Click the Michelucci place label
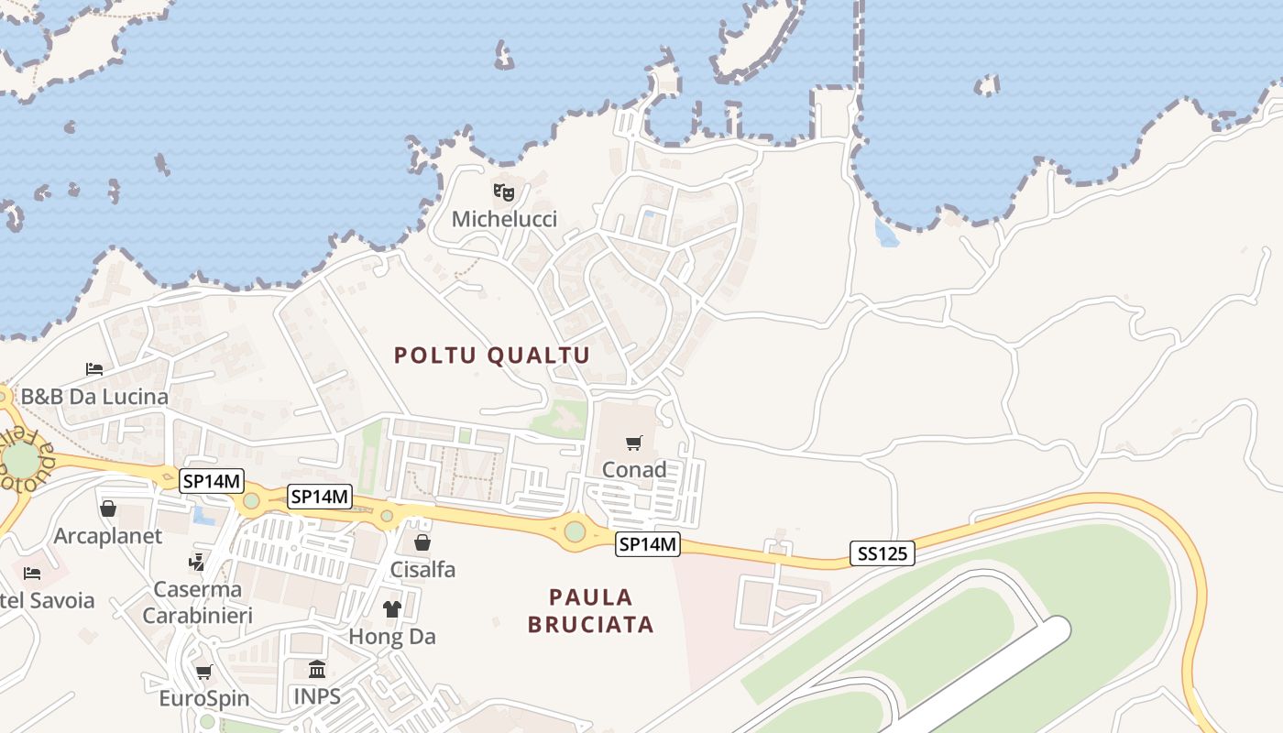pyautogui.click(x=504, y=219)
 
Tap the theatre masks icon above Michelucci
pyautogui.click(x=504, y=192)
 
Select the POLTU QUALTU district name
pyautogui.click(x=492, y=356)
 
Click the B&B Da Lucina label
pyautogui.click(x=94, y=397)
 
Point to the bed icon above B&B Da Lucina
pyautogui.click(x=94, y=369)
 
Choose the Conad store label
pyautogui.click(x=634, y=469)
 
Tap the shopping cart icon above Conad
pyautogui.click(x=634, y=443)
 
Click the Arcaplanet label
pyautogui.click(x=108, y=535)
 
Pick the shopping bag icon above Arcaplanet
pyautogui.click(x=108, y=509)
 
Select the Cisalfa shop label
pyautogui.click(x=422, y=569)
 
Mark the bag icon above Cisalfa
pyautogui.click(x=422, y=542)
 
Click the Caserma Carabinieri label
pyautogui.click(x=197, y=602)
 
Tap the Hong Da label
pyautogui.click(x=392, y=636)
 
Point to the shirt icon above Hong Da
pyautogui.click(x=392, y=609)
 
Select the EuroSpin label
pyautogui.click(x=204, y=698)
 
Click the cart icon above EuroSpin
pyautogui.click(x=204, y=673)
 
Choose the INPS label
pyautogui.click(x=317, y=696)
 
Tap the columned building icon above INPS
pyautogui.click(x=317, y=670)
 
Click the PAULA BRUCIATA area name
pyautogui.click(x=591, y=611)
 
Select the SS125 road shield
pyautogui.click(x=882, y=553)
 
